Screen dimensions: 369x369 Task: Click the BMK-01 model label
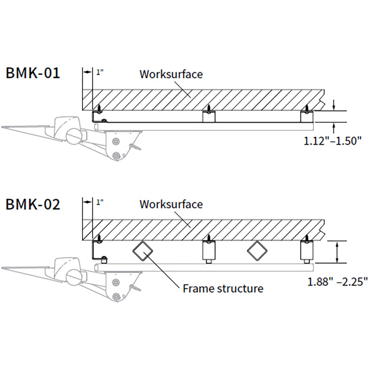point(32,73)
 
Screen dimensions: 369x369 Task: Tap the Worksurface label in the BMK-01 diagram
point(171,74)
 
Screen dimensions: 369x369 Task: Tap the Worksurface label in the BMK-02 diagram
point(171,204)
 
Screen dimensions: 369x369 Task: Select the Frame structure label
point(223,288)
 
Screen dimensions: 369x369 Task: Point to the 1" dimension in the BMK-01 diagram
point(99,72)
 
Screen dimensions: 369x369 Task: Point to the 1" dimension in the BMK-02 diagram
point(99,202)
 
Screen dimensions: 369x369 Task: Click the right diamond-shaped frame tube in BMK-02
point(257,251)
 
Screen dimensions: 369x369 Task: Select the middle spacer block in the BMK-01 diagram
point(209,116)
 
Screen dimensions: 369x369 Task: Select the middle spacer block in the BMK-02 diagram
point(209,251)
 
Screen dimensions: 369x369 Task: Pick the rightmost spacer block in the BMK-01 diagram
point(307,116)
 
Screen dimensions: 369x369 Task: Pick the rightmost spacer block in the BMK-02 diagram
point(307,251)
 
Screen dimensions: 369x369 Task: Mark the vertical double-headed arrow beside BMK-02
point(337,252)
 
